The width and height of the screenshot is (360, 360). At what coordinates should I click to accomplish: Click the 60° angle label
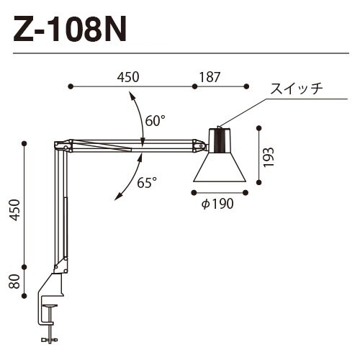point(154,121)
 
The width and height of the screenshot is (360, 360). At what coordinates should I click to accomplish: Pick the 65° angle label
point(147,183)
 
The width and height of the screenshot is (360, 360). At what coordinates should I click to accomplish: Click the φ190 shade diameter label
point(218,204)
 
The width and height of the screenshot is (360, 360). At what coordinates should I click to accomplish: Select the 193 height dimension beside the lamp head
point(269,156)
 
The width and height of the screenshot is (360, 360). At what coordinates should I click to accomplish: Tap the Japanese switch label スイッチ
point(296,89)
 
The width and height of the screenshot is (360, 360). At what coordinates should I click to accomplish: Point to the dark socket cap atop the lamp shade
point(220,138)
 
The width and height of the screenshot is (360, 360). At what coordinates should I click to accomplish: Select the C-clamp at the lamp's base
point(50,302)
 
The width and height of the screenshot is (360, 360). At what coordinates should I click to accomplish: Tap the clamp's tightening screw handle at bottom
point(50,339)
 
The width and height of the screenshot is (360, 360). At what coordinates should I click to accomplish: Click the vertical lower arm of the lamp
point(57,209)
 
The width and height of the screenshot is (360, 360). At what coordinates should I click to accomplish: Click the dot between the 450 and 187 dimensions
point(194,86)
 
